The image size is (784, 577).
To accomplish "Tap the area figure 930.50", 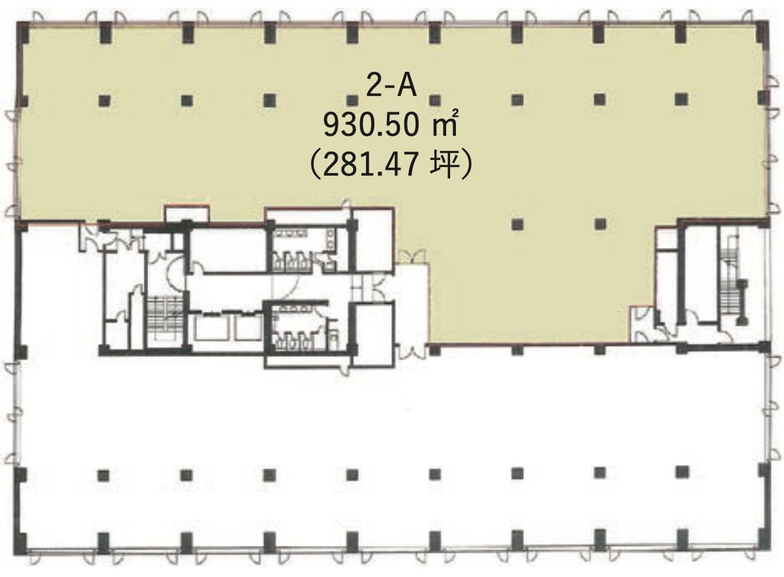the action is (x=371, y=126).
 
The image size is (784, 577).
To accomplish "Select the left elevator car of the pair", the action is (x=211, y=328).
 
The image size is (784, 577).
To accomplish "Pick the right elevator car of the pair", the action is (x=249, y=328).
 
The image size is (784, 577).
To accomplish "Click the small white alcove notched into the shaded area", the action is (x=187, y=213).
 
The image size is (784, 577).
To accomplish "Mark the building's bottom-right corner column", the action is (x=763, y=546).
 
